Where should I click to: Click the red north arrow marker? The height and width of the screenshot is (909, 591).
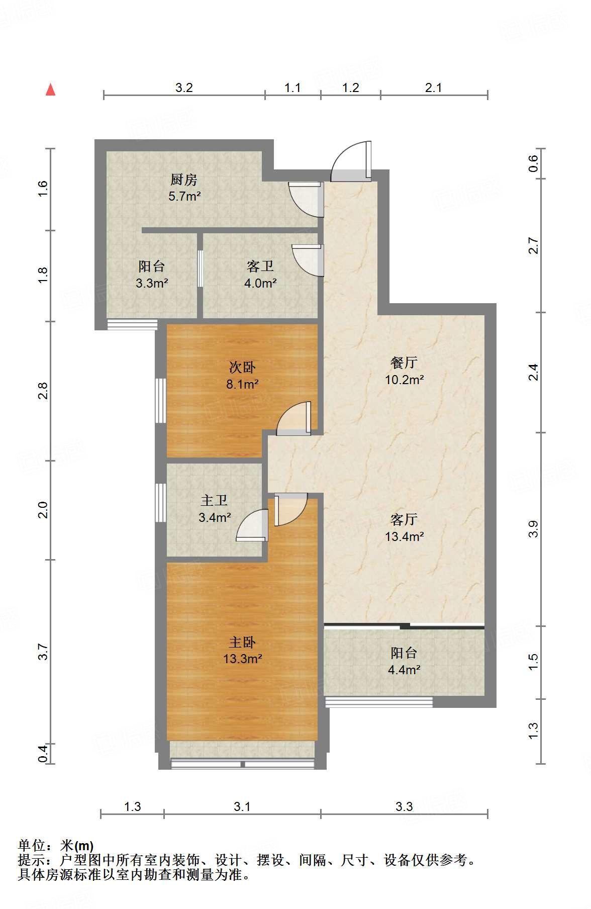[50, 89]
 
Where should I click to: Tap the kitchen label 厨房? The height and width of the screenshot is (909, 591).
[183, 179]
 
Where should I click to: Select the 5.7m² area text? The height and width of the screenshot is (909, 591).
[184, 197]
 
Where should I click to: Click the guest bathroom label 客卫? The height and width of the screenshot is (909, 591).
[260, 266]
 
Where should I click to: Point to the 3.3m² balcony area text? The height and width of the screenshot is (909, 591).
[151, 284]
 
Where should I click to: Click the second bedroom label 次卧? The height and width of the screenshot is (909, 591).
[242, 368]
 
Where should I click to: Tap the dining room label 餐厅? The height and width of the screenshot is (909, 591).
[404, 362]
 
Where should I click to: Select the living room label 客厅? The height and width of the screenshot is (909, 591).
[404, 519]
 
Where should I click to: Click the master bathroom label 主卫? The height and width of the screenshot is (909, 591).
[214, 501]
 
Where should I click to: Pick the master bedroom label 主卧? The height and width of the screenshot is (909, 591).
[242, 643]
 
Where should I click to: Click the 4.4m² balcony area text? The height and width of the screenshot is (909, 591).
[404, 670]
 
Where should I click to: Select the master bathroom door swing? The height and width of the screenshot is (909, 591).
[252, 525]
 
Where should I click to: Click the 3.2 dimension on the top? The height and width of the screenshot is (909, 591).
[184, 88]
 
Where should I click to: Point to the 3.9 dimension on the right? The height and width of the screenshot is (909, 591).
[533, 529]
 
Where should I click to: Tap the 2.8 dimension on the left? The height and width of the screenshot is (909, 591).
[43, 391]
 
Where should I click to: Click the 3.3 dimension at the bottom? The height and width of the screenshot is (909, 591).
[404, 807]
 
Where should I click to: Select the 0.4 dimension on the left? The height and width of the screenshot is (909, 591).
[43, 753]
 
